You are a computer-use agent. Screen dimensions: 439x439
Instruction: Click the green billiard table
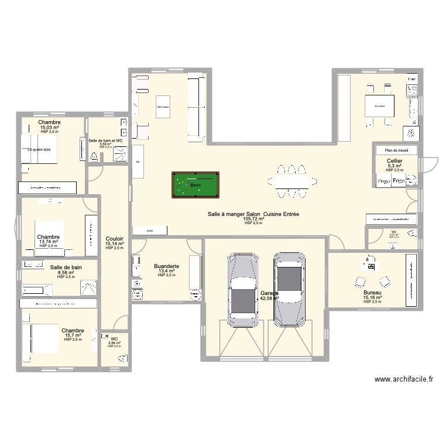tap(196, 184)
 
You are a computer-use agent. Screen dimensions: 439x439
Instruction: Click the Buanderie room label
tap(166, 266)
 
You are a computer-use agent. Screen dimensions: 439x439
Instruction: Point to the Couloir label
tap(114, 239)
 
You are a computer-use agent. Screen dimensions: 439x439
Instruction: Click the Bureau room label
tap(372, 292)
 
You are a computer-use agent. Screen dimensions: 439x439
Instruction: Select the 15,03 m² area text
tap(50, 127)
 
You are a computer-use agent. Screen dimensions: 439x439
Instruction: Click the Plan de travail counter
tap(396, 150)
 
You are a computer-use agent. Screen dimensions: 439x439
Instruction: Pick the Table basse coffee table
tap(162, 107)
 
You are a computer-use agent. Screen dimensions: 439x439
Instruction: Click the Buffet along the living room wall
tap(150, 231)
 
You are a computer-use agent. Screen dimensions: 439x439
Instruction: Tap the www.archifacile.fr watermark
tap(404, 379)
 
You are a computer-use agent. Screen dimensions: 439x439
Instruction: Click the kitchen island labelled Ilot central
tap(379, 106)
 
